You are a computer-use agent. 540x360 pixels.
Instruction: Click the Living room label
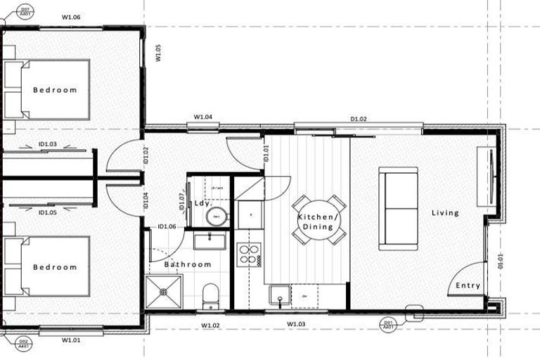point(445,212)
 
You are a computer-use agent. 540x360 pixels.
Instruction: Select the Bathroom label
point(188,264)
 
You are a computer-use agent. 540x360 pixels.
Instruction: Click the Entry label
point(468,285)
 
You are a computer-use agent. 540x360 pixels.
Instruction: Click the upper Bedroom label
point(55,90)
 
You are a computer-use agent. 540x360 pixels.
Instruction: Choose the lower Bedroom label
point(55,267)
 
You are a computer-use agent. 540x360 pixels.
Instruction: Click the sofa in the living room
point(399,208)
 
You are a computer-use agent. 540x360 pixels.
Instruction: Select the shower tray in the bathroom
point(164,293)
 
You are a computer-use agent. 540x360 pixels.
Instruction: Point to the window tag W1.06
point(72,18)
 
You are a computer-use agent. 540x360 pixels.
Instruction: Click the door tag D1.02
point(359,119)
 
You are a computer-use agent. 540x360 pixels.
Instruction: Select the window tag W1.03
point(296,323)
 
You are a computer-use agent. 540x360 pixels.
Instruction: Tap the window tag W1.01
point(72,340)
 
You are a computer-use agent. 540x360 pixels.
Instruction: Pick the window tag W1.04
point(203,117)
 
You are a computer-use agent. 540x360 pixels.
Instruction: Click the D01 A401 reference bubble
point(387,324)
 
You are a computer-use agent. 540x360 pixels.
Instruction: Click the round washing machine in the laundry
point(217,217)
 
